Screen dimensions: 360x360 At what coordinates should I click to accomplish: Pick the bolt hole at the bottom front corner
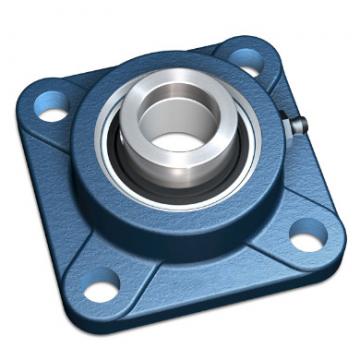click(x=100, y=291)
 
